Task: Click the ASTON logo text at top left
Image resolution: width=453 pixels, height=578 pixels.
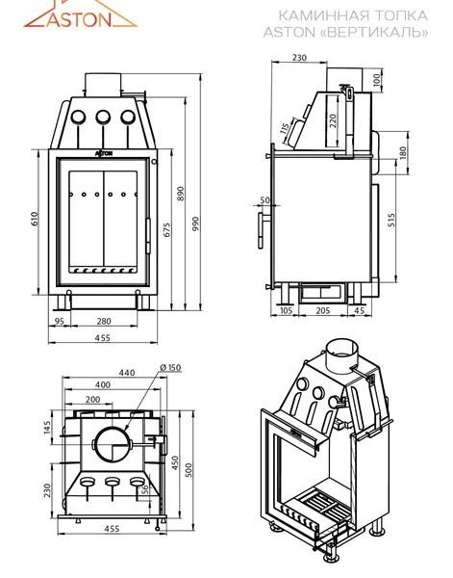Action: (79, 19)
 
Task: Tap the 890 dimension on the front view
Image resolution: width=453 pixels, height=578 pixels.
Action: (180, 194)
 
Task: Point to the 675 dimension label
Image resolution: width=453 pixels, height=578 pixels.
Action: (167, 229)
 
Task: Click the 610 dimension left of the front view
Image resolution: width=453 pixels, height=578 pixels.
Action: (35, 219)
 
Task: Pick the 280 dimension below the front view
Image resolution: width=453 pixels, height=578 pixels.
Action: (104, 321)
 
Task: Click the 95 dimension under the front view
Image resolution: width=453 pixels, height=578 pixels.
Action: (60, 321)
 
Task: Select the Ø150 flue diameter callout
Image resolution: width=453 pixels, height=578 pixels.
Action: (171, 368)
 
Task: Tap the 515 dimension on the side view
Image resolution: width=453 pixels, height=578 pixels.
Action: (391, 220)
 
